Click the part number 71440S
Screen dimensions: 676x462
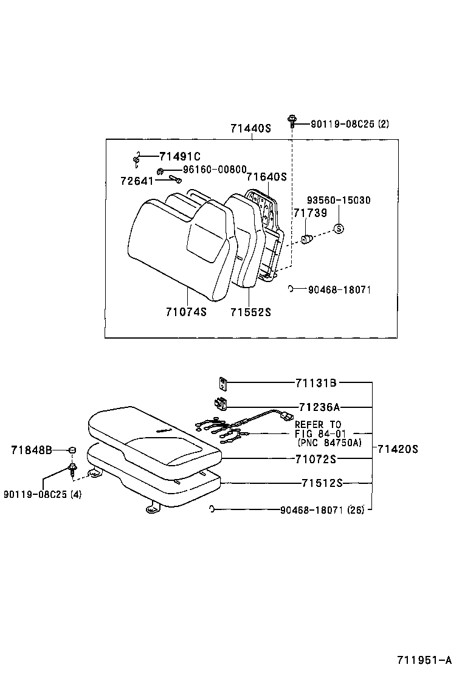pos(250,129)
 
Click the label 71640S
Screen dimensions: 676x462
pos(266,177)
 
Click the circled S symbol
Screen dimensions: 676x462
pos(339,229)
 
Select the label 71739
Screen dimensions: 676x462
pos(310,213)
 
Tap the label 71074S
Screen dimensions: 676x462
pos(186,312)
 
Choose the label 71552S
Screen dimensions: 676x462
pos(250,312)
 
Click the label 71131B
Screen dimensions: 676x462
pos(316,383)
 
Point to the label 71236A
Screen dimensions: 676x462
pos(319,407)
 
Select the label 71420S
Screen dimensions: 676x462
pos(398,449)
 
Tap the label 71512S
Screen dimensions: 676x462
pos(322,483)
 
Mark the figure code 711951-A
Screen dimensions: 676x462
pos(424,660)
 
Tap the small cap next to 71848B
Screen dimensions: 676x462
pos(72,450)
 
